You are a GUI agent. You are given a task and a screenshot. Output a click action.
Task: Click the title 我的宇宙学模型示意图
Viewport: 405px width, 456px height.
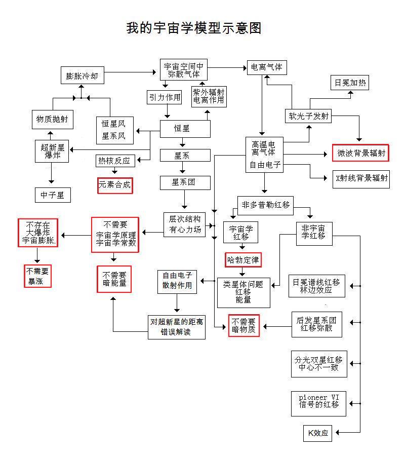pos(193,28)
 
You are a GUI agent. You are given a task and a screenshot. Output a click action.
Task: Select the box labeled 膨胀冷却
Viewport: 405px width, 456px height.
pos(82,77)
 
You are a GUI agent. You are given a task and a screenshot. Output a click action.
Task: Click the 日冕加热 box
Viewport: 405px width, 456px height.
pos(349,83)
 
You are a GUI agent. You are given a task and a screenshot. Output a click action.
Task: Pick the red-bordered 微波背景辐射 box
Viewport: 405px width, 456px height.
pos(360,153)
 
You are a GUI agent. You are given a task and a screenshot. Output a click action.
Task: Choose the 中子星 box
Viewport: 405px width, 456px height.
pos(53,195)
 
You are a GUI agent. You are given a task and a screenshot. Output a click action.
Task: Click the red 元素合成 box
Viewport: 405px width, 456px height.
pos(114,185)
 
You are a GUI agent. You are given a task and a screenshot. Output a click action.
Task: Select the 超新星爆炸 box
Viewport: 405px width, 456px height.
pos(52,151)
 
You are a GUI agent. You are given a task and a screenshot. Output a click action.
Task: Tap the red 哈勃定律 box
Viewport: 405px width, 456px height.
pos(243,260)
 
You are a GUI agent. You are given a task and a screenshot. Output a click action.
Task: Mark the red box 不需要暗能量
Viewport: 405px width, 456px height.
pos(114,279)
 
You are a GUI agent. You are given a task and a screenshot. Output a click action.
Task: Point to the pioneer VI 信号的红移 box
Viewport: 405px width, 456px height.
pos(318,404)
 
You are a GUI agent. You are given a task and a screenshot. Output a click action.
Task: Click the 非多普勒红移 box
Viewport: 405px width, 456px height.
pos(266,205)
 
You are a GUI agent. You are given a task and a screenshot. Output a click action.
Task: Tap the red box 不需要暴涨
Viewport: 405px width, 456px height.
pos(38,276)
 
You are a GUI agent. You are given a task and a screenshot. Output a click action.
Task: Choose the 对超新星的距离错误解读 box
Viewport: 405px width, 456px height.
pos(177,327)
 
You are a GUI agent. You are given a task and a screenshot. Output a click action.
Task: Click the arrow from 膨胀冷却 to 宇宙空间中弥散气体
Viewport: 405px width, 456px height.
pos(131,72)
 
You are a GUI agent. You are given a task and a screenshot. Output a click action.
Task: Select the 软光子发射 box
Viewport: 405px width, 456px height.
pos(308,116)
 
